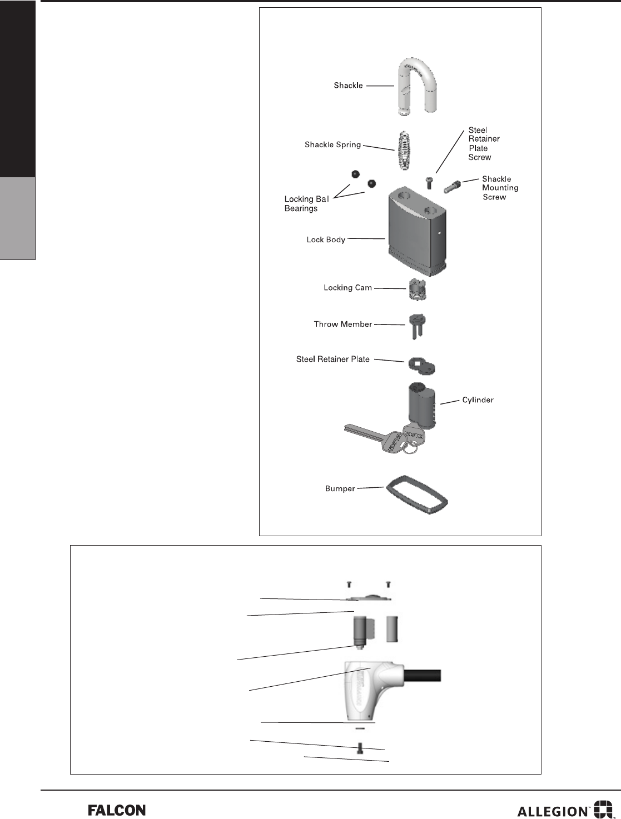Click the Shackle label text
click(348, 86)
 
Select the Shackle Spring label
click(332, 145)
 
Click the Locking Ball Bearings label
click(307, 204)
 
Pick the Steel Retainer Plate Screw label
click(484, 144)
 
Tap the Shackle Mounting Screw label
click(500, 188)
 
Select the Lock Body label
click(326, 240)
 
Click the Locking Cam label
click(347, 288)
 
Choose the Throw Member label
click(342, 324)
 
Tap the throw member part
click(416, 325)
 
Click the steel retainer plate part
click(422, 365)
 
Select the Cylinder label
click(478, 400)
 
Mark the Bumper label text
click(340, 489)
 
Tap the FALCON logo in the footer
click(117, 811)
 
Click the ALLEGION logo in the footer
click(561, 811)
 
